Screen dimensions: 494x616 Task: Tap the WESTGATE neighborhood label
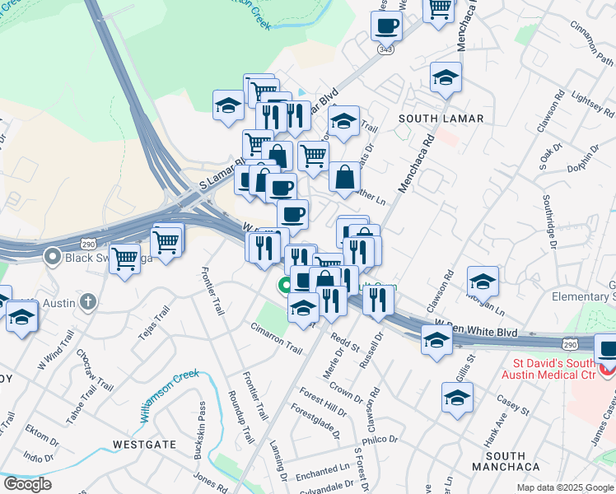(x=145, y=445)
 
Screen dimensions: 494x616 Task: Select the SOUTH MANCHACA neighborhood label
(x=506, y=461)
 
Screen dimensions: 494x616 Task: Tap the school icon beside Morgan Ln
(x=483, y=282)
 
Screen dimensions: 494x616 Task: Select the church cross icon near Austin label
(x=89, y=301)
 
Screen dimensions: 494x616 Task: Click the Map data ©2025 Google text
(x=564, y=487)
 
